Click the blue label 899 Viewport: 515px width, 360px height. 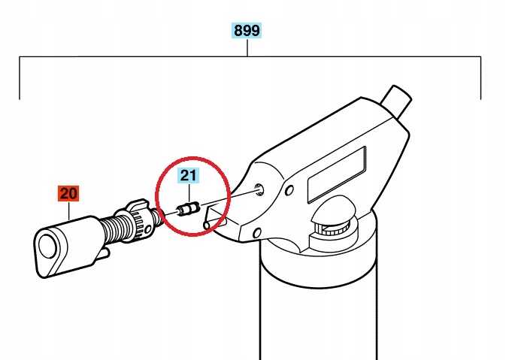(x=247, y=31)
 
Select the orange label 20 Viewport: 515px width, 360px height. (x=68, y=193)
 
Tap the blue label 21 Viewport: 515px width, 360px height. (x=189, y=175)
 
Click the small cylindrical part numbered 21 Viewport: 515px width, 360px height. (x=188, y=209)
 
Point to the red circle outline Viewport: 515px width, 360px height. (x=156, y=197)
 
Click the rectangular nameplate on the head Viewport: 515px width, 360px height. (x=336, y=174)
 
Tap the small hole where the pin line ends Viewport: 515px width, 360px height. (x=259, y=189)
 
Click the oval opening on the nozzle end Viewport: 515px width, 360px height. (x=47, y=247)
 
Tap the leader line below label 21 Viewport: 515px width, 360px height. (x=189, y=194)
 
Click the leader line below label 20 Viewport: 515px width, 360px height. (x=69, y=211)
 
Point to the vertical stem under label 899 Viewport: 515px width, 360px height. (x=247, y=47)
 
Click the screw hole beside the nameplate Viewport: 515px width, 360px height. (x=289, y=190)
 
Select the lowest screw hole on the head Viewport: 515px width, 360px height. (x=257, y=233)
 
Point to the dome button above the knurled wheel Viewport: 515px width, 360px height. (x=333, y=210)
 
